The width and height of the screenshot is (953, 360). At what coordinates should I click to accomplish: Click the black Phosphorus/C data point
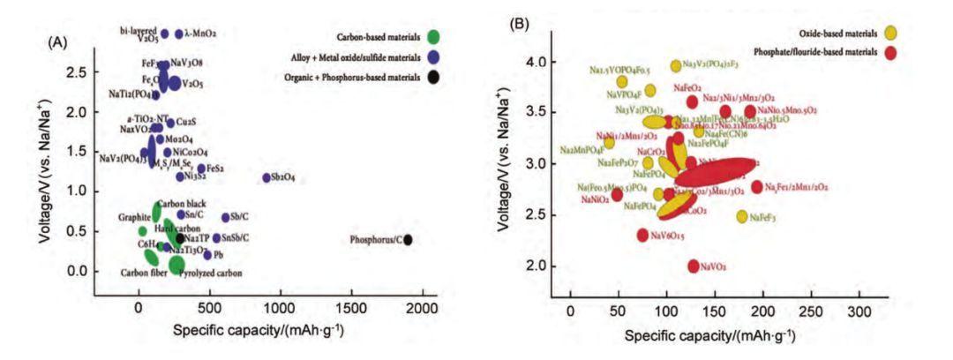[408, 239]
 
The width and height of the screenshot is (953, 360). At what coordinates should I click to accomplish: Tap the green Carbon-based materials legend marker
[433, 37]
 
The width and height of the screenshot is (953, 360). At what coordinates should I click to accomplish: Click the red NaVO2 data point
[694, 266]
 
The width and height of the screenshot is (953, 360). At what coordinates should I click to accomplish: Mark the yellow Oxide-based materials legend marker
[891, 33]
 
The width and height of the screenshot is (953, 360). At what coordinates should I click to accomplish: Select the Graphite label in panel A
[135, 216]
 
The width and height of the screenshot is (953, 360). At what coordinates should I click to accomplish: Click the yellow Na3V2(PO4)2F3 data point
[676, 65]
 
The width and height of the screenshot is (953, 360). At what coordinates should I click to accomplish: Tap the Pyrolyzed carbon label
[211, 274]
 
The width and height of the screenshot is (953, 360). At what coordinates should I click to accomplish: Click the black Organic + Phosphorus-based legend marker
[433, 77]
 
